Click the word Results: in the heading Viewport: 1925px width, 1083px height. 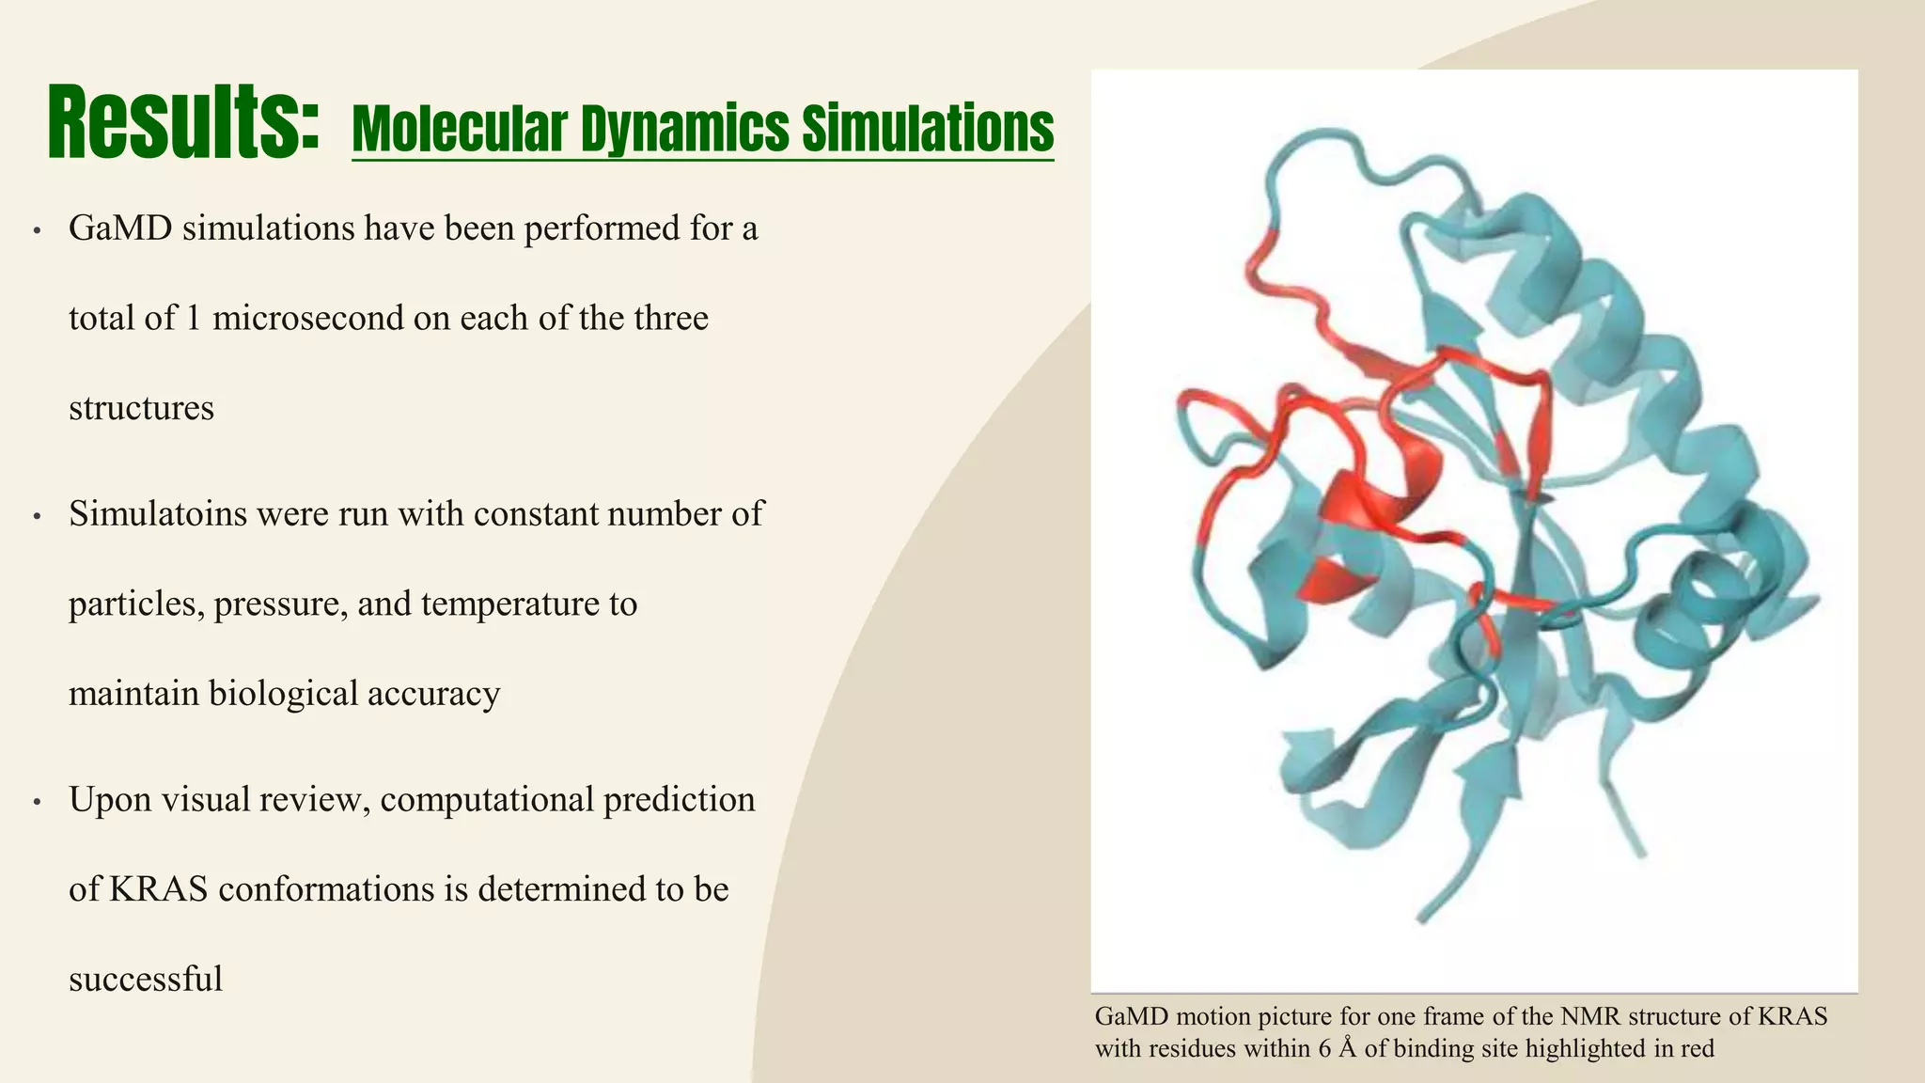[x=184, y=123]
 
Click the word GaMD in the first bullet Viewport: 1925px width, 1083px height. [x=119, y=228]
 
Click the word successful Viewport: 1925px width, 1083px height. [x=146, y=980]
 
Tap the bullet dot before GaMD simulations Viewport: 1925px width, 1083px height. [x=37, y=231]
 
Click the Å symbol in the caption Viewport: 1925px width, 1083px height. [x=1348, y=1048]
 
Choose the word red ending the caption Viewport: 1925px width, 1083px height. [x=1697, y=1048]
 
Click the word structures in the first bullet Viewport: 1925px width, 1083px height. [x=141, y=409]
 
